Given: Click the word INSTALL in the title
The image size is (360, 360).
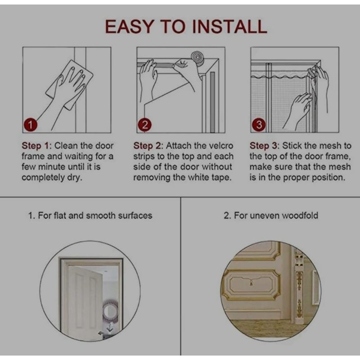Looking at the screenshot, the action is pos(229,27).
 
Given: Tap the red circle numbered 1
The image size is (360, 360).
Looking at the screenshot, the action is pos(30,125).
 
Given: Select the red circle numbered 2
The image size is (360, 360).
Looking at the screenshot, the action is pos(144,125).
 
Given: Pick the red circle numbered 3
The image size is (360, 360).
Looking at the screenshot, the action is pos(259,125).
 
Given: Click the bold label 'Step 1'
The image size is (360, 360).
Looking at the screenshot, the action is pos(36,146).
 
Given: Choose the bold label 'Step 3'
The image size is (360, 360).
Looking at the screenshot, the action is pos(264,146).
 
